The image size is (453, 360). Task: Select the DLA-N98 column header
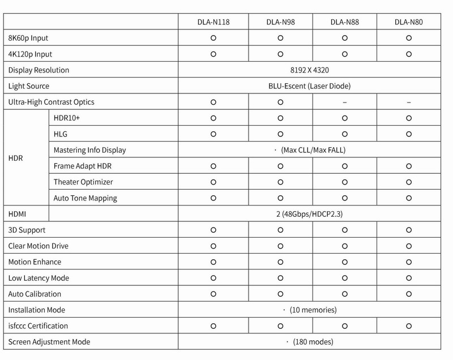tap(280, 23)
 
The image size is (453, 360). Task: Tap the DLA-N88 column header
tap(345, 23)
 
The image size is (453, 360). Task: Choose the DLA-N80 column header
tap(408, 23)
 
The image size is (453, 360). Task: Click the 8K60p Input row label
tap(28, 39)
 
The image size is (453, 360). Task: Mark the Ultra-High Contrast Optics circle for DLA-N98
tap(280, 102)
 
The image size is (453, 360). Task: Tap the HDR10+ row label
tap(67, 118)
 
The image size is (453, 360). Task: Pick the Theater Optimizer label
tap(83, 182)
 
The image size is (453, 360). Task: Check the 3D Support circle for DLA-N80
tap(408, 230)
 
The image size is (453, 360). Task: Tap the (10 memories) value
tap(313, 310)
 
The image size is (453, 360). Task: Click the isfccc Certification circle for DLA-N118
tap(213, 326)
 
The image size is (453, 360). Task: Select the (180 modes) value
tap(312, 342)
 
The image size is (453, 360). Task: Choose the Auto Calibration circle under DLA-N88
tap(345, 294)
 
